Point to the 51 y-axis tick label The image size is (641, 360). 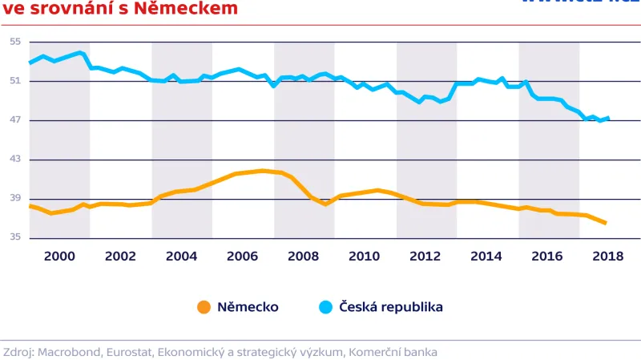14,81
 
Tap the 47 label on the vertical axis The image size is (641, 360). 14,120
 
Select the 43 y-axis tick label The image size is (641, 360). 14,160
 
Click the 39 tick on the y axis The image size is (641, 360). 14,199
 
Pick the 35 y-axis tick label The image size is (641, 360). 14,238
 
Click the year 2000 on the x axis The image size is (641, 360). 59,256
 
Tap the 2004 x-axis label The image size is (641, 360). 181,256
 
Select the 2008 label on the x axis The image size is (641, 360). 303,256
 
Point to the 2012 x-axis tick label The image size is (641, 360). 425,256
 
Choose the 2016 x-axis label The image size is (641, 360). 547,256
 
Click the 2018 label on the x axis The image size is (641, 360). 608,256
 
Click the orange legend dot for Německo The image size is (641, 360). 204,307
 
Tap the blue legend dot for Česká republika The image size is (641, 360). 325,307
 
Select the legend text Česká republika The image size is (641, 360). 391,307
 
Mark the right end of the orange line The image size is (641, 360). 606,223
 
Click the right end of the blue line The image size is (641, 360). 609,119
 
